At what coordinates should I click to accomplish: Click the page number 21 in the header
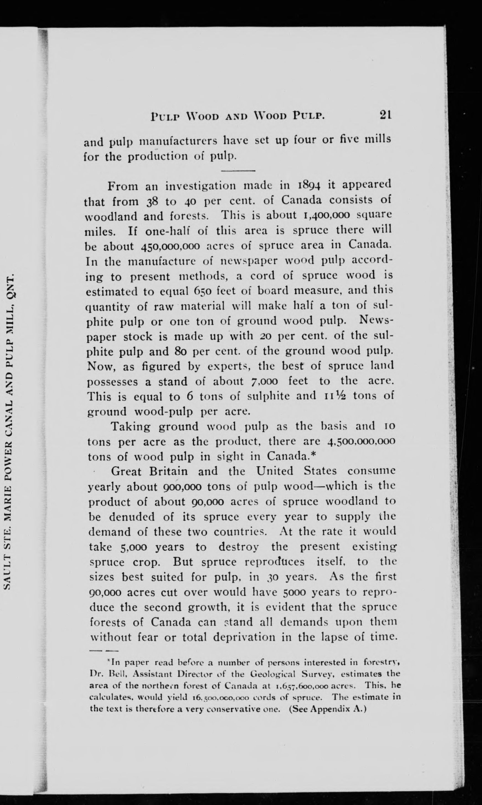(384, 115)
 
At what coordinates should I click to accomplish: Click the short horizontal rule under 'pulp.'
(238, 171)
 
